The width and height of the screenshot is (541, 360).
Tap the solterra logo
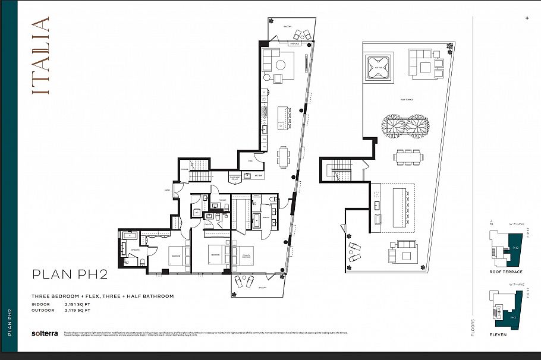coord(45,333)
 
